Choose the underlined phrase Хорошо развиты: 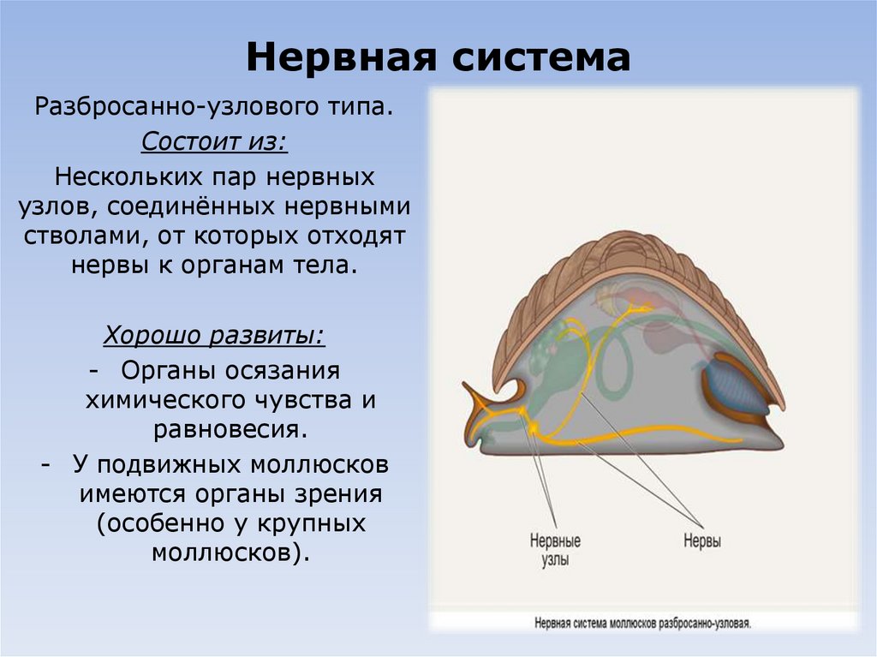tap(214, 334)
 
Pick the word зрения tap(338, 495)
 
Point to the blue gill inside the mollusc tap(733, 387)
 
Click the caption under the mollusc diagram tap(642, 624)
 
